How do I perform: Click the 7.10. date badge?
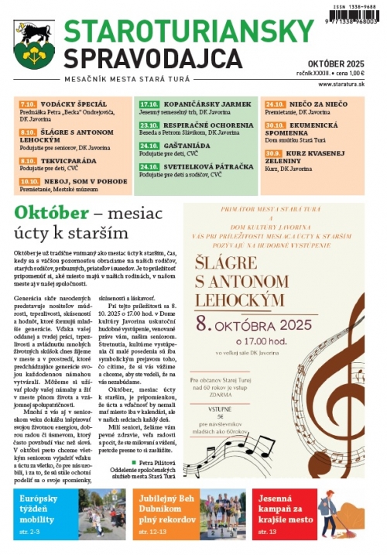pyautogui.click(x=29, y=103)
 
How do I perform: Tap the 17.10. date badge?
pyautogui.click(x=149, y=103)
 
